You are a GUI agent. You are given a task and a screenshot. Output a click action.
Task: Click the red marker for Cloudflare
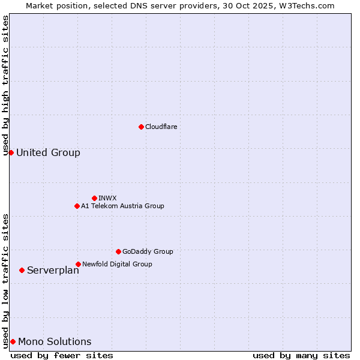141,127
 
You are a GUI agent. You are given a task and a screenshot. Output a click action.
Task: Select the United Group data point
11,152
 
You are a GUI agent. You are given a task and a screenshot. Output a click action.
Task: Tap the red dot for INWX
94,198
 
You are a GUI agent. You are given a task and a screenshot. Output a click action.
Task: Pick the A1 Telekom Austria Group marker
77,206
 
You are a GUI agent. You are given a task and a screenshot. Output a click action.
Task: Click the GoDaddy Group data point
118,251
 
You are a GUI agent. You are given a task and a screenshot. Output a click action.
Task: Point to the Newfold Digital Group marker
78,264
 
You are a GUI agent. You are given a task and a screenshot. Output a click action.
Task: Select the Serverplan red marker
22,270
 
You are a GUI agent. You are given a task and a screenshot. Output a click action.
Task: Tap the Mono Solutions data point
13,341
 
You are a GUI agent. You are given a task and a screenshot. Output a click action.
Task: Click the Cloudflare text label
161,127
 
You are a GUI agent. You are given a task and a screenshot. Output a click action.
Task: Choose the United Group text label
48,152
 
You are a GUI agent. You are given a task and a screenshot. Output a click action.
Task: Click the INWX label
107,198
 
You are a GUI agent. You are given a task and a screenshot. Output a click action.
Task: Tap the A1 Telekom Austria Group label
122,206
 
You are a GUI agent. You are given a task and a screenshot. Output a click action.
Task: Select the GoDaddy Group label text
148,251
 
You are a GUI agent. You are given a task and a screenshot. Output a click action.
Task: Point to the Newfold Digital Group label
117,264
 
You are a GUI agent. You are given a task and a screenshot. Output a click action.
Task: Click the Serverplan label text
53,270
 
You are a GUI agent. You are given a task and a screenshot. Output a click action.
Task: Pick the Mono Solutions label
55,341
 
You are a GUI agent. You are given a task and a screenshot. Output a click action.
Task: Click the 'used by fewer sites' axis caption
62,355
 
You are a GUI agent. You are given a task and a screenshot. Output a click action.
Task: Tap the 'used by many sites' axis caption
301,355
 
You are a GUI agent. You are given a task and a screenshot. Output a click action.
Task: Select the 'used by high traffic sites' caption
6,85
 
